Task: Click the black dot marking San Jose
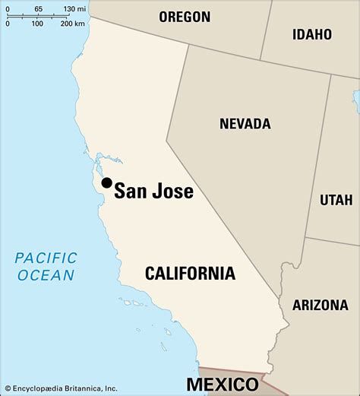[x=107, y=182]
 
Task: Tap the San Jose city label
[x=153, y=191]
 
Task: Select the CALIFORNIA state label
[x=190, y=273]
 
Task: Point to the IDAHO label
[x=312, y=33]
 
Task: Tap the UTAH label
[x=336, y=200]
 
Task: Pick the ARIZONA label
[x=319, y=305]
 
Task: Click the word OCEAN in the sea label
[x=47, y=275]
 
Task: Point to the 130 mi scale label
[x=74, y=8]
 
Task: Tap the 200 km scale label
[x=72, y=24]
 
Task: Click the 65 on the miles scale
[x=38, y=8]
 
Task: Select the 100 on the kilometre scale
[x=37, y=24]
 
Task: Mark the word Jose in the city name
[x=175, y=191]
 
